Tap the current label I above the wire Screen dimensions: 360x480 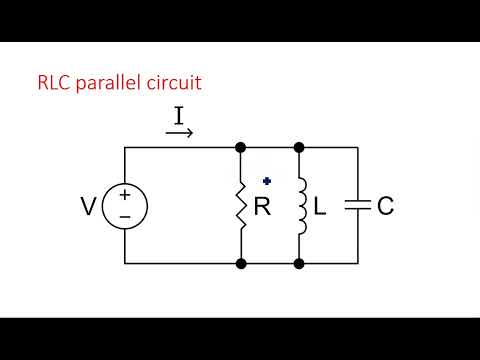pyautogui.click(x=179, y=116)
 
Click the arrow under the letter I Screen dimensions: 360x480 pyautogui.click(x=179, y=132)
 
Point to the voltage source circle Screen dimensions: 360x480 pyautogui.click(x=125, y=206)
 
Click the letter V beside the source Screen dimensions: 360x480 pyautogui.click(x=89, y=207)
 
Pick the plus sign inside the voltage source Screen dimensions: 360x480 pyautogui.click(x=125, y=195)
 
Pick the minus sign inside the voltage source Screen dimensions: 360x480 pyautogui.click(x=125, y=217)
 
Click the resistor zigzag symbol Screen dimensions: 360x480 pyautogui.click(x=241, y=206)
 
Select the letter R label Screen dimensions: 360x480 pyautogui.click(x=263, y=207)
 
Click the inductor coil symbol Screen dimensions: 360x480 pyautogui.click(x=299, y=206)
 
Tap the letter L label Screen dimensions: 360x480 pyautogui.click(x=320, y=207)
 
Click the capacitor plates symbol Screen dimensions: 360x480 pyautogui.click(x=357, y=206)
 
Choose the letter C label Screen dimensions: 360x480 pyautogui.click(x=385, y=207)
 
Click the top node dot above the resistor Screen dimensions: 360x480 pyautogui.click(x=241, y=148)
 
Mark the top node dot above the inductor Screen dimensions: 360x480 pyautogui.click(x=299, y=148)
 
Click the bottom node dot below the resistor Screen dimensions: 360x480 pyautogui.click(x=241, y=264)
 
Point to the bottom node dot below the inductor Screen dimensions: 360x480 pyautogui.click(x=299, y=264)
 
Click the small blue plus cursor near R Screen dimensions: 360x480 pyautogui.click(x=267, y=181)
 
